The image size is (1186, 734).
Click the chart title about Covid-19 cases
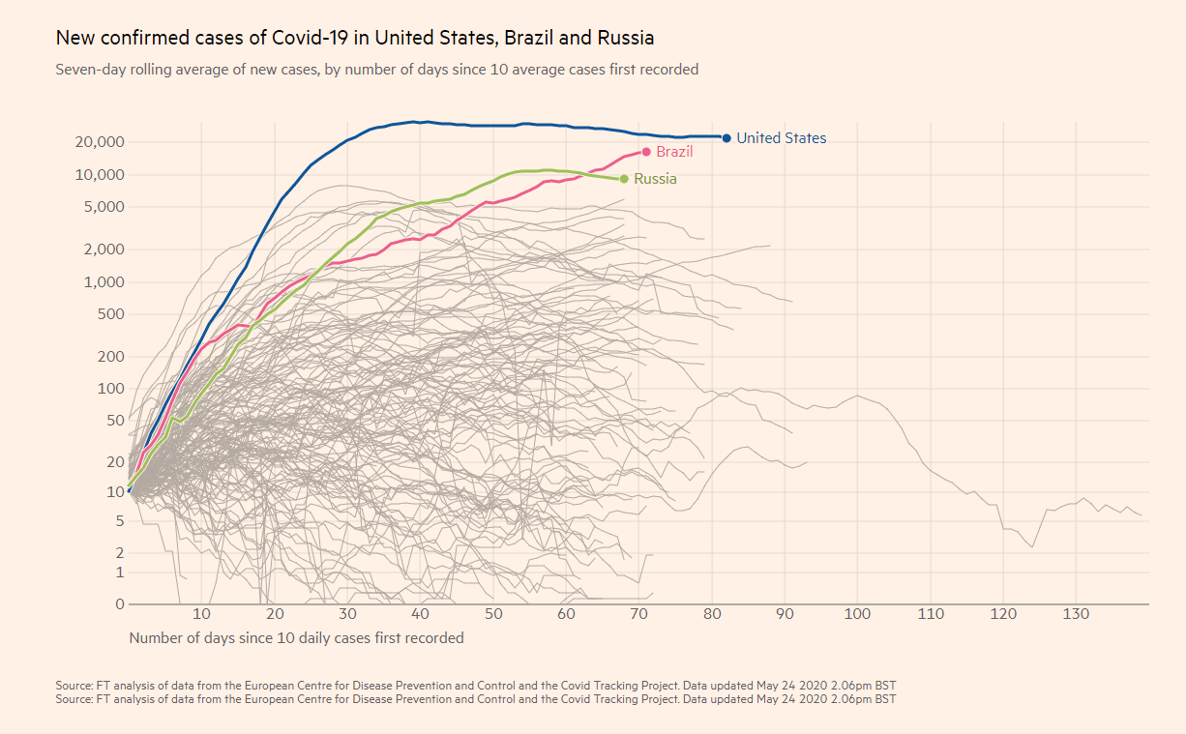(355, 38)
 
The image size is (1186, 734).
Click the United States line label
(781, 138)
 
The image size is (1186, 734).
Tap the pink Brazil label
(674, 152)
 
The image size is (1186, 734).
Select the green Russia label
(655, 179)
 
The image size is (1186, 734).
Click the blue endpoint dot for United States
(726, 138)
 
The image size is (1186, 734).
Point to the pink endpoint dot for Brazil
(646, 151)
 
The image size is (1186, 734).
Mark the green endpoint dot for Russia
(624, 179)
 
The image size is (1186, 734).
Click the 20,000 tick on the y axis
(100, 142)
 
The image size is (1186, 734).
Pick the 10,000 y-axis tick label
(100, 175)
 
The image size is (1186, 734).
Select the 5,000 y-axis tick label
(104, 207)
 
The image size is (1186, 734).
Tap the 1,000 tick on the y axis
(104, 282)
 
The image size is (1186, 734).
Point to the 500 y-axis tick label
(110, 314)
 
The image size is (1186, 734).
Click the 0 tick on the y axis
(120, 604)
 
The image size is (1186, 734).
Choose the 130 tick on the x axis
(1076, 614)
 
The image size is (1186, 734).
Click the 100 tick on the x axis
(857, 614)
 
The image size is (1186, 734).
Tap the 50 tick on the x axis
(493, 614)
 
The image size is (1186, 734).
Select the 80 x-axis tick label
(712, 614)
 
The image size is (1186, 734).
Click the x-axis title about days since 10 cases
(296, 638)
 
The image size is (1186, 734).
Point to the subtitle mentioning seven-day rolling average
(377, 70)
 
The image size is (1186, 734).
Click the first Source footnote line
(476, 686)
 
